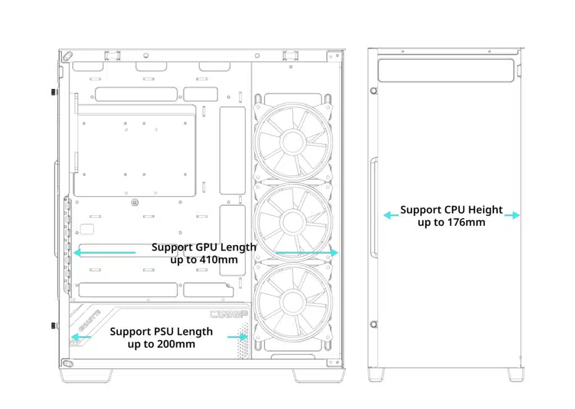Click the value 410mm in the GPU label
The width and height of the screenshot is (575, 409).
coord(218,260)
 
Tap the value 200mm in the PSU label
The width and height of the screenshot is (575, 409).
coord(176,344)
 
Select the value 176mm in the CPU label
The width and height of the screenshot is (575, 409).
coord(467,222)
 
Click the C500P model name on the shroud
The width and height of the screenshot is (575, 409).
coord(229,315)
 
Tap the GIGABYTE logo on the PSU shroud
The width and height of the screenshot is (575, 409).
coord(89,320)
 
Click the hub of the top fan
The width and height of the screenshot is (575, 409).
coord(293,142)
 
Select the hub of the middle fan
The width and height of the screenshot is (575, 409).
coord(293,222)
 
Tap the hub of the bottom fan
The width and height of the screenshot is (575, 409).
coord(293,302)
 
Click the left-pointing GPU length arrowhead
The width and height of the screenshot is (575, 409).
coord(77,252)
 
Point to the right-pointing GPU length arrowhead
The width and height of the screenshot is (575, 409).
coord(334,252)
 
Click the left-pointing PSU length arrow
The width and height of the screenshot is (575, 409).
coord(81,337)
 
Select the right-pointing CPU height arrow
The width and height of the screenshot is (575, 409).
coord(512,215)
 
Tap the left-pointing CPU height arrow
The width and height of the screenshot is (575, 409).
coord(391,215)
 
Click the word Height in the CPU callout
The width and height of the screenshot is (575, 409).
coord(485,210)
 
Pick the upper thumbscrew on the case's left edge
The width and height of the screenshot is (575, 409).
coord(54,92)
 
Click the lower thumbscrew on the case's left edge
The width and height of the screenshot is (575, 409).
coord(54,325)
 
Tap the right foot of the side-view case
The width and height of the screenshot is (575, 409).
coord(515,375)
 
